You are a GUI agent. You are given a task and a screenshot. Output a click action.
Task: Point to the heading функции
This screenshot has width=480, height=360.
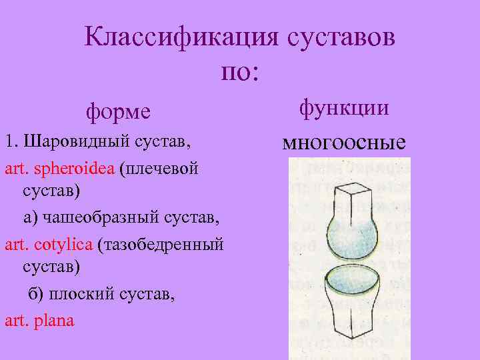pos(344,107)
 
